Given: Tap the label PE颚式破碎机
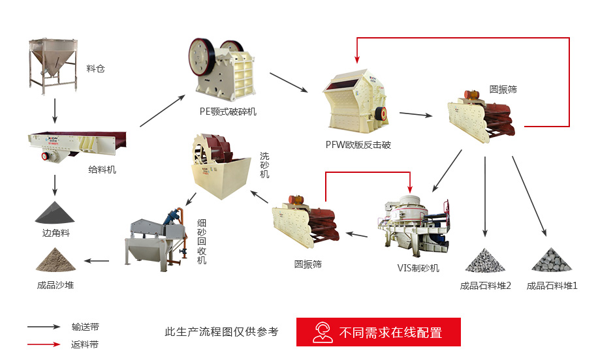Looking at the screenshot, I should pos(228,112).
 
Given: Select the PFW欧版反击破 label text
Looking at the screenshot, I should pos(358,145).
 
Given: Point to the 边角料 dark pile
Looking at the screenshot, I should pos(54,211).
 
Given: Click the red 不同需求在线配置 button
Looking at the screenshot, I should pos(379,332).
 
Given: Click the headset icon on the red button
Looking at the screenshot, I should pos(323,332).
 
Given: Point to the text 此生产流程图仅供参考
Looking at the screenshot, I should pos(221,332).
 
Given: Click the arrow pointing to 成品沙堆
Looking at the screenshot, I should pos(97,261).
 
